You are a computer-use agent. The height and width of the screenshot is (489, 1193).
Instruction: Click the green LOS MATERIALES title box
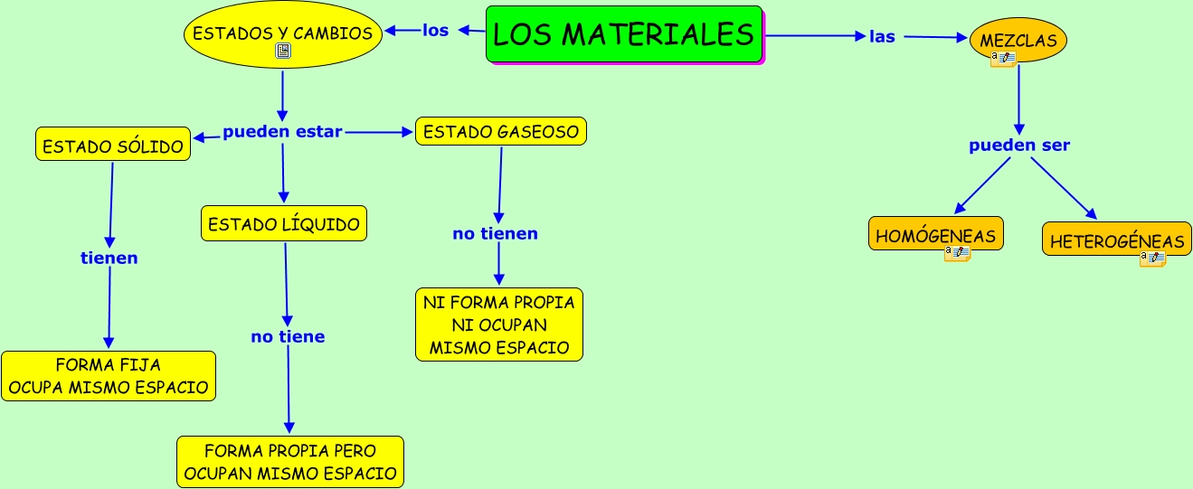[624, 34]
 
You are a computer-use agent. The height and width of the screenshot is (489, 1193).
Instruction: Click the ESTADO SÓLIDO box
[113, 145]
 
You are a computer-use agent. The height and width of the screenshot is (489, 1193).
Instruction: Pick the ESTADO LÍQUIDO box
[284, 224]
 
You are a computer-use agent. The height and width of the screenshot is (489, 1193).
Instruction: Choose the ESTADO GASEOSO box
[501, 132]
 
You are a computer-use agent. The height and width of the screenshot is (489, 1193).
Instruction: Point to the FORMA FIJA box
[109, 376]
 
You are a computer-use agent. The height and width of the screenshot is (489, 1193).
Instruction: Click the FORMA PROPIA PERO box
[289, 461]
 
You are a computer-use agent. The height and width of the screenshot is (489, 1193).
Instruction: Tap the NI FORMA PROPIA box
[499, 324]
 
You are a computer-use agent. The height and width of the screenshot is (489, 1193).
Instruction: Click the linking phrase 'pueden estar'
[282, 132]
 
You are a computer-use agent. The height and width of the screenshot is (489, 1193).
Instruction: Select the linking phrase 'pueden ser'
[1019, 146]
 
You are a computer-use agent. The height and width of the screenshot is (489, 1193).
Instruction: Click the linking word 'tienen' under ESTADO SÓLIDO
[109, 259]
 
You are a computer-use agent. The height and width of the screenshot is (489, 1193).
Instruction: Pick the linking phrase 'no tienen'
[496, 234]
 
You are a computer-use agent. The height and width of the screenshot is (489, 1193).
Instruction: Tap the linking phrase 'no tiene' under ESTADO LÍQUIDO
[288, 337]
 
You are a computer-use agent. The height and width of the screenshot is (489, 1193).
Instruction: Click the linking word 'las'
[882, 37]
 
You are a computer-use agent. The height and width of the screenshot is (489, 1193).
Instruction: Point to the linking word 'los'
[435, 30]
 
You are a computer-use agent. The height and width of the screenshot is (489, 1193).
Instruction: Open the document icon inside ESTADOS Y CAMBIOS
[283, 52]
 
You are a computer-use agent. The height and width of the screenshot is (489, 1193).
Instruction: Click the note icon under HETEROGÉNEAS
[1152, 259]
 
